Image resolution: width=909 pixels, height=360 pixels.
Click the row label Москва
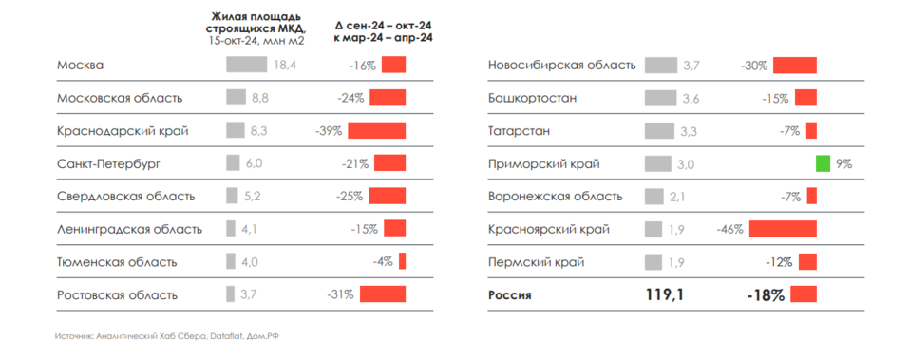pos(80,65)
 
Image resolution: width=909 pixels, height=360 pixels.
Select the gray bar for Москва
pos(247,65)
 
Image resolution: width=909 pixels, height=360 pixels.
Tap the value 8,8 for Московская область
pos(260,98)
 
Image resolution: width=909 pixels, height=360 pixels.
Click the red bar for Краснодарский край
pos(376,130)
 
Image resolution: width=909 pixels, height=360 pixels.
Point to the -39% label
pos(328,130)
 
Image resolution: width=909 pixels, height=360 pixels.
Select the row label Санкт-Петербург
pos(108,163)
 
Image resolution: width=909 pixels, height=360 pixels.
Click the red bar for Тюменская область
pos(402,261)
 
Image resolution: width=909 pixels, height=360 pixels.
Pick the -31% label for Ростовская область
pos(340,294)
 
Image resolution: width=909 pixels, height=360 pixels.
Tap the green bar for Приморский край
pos(823,163)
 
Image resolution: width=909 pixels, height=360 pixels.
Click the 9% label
pos(843,163)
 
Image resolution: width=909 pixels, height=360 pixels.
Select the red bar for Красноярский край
pos(782,229)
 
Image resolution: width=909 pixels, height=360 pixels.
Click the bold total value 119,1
pos(664,295)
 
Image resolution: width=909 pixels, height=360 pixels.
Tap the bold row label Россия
pos(510,295)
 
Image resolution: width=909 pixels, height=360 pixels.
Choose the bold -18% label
pos(766,295)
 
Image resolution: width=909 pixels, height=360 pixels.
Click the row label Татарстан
pos(519,130)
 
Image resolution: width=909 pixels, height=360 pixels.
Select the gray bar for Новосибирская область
pos(659,65)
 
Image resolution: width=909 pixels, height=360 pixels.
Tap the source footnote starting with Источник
pos(171,336)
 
